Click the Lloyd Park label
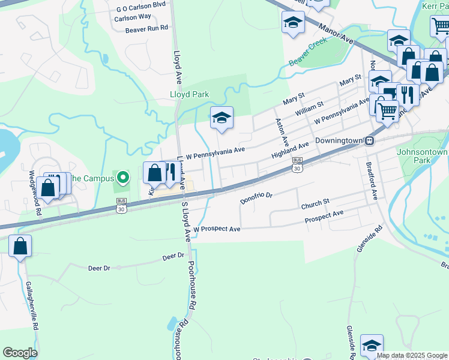click(x=188, y=95)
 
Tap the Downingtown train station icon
click(x=370, y=141)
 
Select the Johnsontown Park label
click(x=422, y=156)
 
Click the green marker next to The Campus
click(x=124, y=178)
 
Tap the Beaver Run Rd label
click(x=146, y=28)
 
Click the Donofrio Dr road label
click(x=256, y=196)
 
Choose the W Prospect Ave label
click(x=217, y=229)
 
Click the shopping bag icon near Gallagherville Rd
click(x=20, y=246)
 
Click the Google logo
click(x=20, y=353)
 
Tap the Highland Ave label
click(x=290, y=150)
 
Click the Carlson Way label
click(x=132, y=18)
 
